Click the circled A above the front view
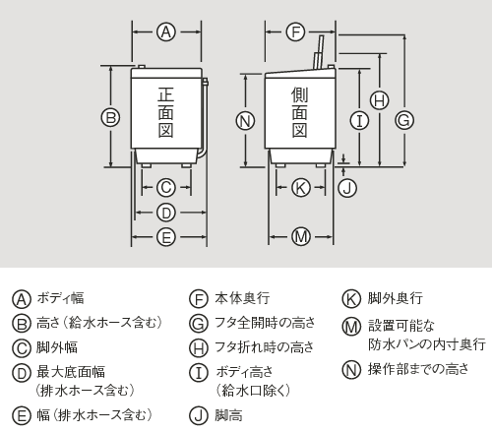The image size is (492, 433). (x=166, y=31)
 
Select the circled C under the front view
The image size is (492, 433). (x=166, y=186)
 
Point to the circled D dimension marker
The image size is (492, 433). (x=166, y=212)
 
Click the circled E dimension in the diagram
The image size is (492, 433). (x=166, y=236)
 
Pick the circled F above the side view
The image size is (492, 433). (x=296, y=31)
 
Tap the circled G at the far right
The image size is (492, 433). (x=403, y=119)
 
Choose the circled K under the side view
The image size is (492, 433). (x=301, y=186)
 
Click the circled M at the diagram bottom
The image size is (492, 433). (x=301, y=236)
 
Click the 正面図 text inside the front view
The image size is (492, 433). (x=166, y=114)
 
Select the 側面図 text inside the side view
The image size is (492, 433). (x=300, y=112)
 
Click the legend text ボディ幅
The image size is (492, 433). (x=60, y=298)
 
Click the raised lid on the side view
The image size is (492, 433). (x=320, y=51)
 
